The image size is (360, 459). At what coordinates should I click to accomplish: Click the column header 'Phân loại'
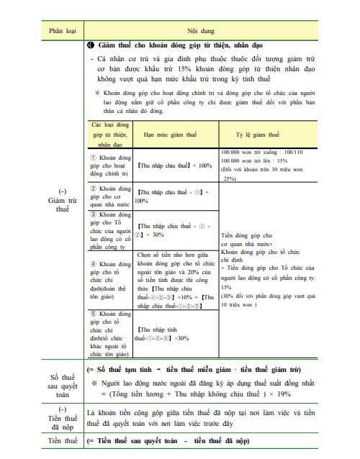click(62, 32)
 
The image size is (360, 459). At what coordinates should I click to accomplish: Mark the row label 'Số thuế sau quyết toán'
click(62, 385)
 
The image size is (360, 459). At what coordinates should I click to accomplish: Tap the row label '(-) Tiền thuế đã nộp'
click(62, 418)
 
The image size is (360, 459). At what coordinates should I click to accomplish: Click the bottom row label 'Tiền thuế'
click(62, 440)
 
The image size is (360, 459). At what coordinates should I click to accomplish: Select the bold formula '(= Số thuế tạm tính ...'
click(194, 370)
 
